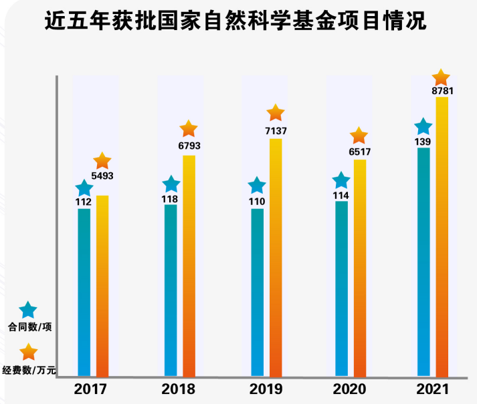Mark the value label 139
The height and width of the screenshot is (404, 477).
pos(422,142)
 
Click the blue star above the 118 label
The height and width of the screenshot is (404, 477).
pos(171,184)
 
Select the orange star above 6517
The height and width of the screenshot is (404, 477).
pos(359,136)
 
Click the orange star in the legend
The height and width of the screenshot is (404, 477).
pos(28,352)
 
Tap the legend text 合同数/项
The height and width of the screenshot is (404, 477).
pos(29,328)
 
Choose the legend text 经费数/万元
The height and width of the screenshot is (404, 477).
pos(29,369)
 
